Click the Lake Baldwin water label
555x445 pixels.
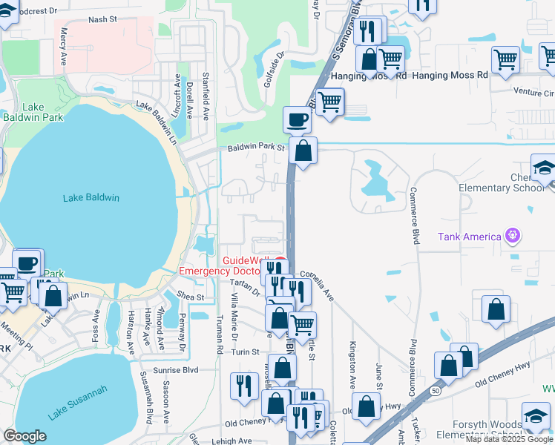point(91,197)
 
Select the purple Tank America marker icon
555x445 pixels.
point(512,236)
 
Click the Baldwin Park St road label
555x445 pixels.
point(256,148)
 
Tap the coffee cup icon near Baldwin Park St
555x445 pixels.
point(297,119)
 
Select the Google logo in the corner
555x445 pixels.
point(24,436)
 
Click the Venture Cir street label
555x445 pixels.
point(533,93)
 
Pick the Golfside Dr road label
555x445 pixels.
point(274,69)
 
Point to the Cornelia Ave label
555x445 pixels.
point(317,284)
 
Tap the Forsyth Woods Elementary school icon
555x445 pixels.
point(535,416)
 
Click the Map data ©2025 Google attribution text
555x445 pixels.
point(509,439)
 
